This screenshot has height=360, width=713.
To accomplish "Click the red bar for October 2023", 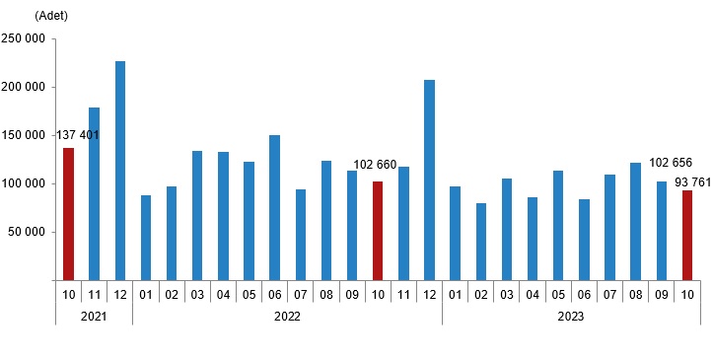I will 686,235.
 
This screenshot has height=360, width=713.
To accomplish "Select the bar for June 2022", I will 274,208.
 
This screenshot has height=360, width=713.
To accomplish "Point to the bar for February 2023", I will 480,242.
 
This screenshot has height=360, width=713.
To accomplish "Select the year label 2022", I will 287,317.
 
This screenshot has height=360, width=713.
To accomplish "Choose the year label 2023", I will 570,317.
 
